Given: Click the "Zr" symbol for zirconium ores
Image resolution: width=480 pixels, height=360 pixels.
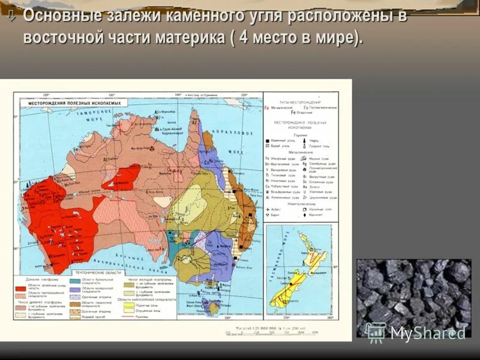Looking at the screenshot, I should pos(305,196).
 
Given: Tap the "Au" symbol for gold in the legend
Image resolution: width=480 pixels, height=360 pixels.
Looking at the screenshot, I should pos(305,186).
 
